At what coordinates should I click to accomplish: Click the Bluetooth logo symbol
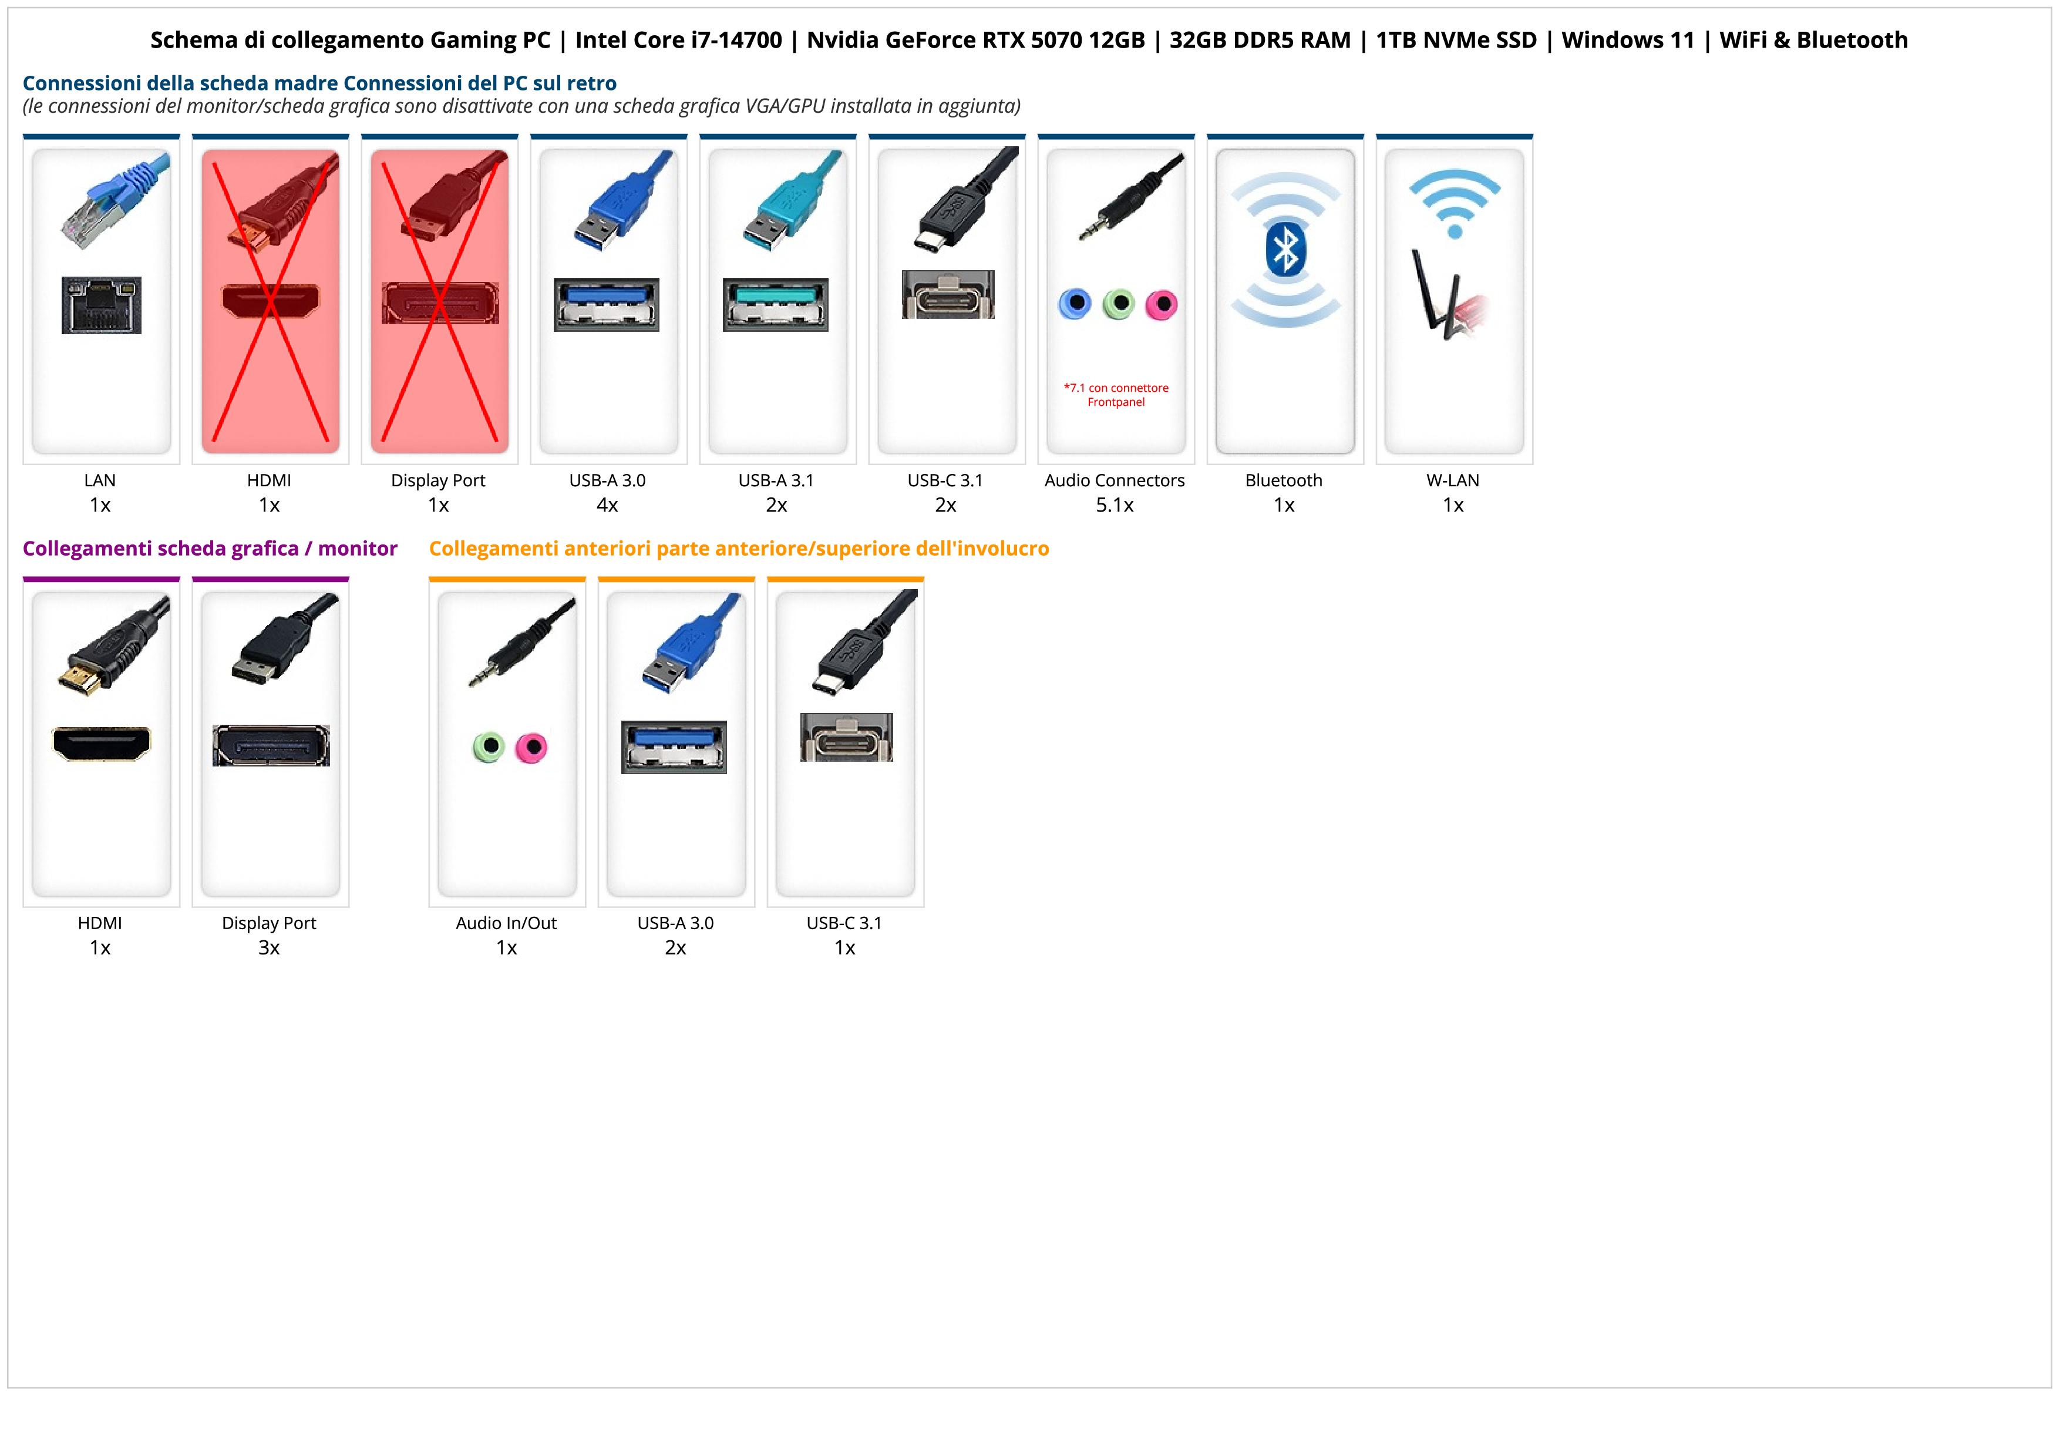(x=1285, y=250)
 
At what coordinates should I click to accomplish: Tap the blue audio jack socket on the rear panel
(x=1074, y=304)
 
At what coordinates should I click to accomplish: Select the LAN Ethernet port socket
(x=102, y=305)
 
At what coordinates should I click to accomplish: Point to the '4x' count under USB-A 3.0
(x=607, y=505)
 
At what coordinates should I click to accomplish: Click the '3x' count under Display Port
(x=269, y=947)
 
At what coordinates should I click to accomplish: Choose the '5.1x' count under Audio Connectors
(x=1115, y=505)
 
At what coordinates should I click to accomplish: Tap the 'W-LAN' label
(x=1453, y=480)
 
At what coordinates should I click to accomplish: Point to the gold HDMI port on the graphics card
(x=102, y=743)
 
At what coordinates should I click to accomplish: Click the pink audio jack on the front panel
(x=532, y=747)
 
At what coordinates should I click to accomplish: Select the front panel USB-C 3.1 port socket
(x=846, y=738)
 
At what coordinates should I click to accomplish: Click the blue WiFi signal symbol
(x=1455, y=203)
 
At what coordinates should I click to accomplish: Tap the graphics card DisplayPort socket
(x=271, y=745)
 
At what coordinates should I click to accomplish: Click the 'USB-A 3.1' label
(x=776, y=480)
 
